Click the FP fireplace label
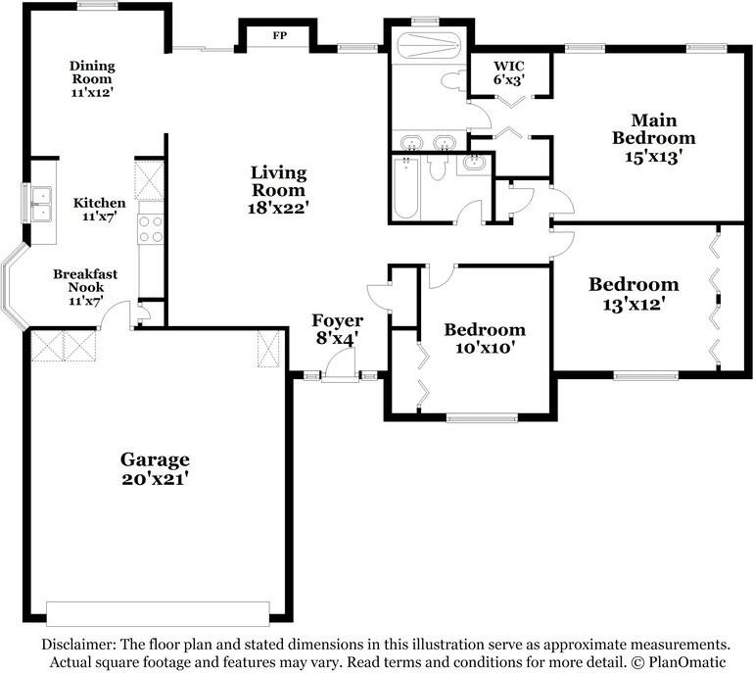(279, 35)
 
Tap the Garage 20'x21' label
(155, 469)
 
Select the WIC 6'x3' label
(509, 72)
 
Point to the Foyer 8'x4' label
(337, 329)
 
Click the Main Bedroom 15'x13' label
(653, 138)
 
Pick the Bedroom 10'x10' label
(485, 338)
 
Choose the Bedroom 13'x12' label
(634, 294)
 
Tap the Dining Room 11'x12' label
(92, 78)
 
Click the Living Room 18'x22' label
(278, 189)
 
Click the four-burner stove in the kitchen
(151, 229)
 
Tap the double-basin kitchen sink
(41, 203)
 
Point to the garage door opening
(158, 614)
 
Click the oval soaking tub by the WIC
(429, 47)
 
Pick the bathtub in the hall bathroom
(406, 189)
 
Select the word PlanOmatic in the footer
(687, 662)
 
